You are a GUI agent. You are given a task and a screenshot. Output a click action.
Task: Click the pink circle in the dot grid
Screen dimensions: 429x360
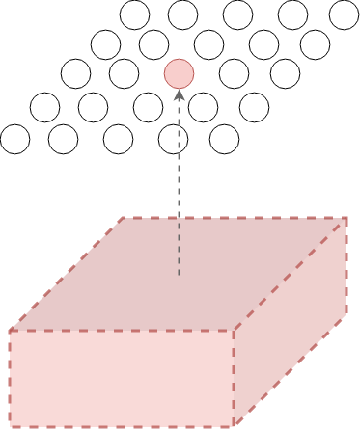179,73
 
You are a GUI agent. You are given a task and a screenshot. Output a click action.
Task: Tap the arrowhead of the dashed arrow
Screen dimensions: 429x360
179,94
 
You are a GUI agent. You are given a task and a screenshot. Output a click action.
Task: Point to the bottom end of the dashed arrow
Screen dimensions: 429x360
179,276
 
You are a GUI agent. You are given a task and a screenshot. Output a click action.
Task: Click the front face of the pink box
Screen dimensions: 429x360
121,378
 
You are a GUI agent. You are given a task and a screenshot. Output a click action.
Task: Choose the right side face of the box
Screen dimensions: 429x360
291,323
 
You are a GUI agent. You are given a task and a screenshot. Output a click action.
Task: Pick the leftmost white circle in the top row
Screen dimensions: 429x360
134,14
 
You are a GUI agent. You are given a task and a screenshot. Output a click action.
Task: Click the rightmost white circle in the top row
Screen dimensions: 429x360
344,14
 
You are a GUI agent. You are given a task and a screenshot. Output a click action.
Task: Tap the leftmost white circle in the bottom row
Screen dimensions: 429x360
14,140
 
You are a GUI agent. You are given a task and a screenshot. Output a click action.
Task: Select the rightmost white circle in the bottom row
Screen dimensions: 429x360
224,140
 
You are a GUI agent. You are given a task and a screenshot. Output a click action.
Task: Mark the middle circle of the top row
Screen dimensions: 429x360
237,14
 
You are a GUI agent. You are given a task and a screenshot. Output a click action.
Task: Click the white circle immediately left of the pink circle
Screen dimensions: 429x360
124,73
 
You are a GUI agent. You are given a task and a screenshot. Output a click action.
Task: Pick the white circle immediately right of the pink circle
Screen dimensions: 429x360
234,73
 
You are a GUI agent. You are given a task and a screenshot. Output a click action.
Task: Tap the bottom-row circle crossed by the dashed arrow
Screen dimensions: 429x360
173,140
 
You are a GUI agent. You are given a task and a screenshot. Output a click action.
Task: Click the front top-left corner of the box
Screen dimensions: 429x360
10,331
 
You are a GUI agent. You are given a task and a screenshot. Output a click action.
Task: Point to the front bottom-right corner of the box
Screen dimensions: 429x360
233,425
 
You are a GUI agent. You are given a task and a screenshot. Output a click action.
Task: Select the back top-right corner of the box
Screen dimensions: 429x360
346,218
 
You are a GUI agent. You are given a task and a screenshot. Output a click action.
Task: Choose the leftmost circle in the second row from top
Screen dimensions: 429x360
105,44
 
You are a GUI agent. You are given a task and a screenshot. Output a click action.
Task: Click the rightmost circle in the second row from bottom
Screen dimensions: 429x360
254,107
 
